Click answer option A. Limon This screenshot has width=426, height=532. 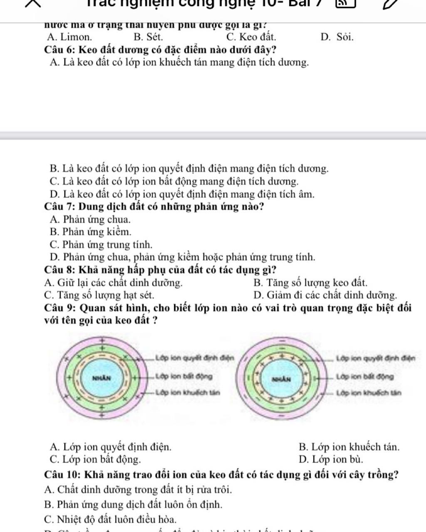[70, 37]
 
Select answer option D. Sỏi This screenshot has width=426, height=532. [337, 37]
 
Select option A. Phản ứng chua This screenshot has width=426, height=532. [90, 219]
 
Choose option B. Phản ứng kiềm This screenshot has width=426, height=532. [90, 232]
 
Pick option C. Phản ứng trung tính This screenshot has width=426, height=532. [101, 244]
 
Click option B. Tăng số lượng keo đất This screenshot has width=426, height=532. [310, 283]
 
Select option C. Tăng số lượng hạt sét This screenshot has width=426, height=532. [99, 296]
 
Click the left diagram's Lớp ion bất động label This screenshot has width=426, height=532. [183, 377]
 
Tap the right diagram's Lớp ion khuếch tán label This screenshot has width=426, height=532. [369, 393]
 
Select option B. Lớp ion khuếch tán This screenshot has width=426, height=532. [349, 447]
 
